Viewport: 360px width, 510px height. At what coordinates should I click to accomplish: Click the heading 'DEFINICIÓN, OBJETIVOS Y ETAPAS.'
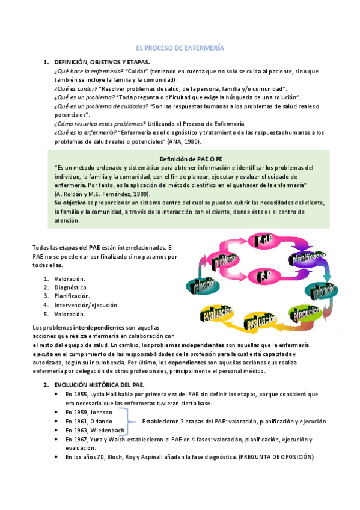point(102,63)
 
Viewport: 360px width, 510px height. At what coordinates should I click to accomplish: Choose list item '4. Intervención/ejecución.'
point(86,305)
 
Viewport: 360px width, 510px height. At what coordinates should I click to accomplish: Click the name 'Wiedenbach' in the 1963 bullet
point(108,430)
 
